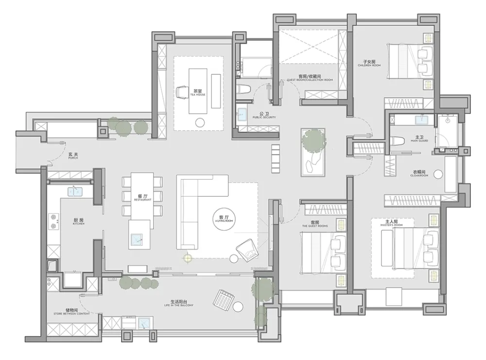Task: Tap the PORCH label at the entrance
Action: coord(73,156)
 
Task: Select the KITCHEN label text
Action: coord(79,222)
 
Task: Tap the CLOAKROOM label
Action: coord(421,174)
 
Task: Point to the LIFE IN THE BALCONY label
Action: coord(179,303)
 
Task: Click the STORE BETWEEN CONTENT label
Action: coord(71,311)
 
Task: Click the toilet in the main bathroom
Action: coord(398,142)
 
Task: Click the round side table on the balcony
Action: coord(238,307)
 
